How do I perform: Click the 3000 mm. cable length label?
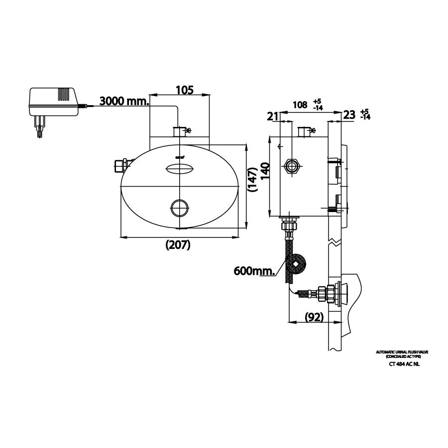[124, 102]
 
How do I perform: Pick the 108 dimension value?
[299, 105]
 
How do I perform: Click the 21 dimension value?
[272, 116]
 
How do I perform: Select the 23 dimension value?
[349, 115]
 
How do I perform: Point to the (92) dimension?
[314, 317]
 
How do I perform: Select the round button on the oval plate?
[179, 207]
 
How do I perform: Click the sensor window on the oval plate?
[179, 169]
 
